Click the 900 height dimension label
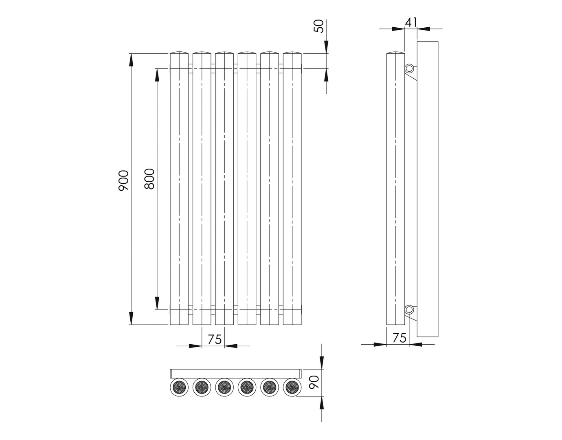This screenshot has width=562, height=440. tap(123, 180)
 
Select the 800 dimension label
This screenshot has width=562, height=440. tap(149, 179)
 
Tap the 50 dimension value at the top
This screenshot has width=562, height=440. tap(318, 26)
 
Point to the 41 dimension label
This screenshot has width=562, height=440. tap(411, 22)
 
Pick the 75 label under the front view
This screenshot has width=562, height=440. tap(215, 339)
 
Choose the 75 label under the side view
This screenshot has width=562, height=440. tap(400, 338)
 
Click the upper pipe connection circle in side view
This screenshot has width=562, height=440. tap(409, 68)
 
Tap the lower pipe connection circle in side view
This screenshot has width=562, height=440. tap(409, 309)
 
